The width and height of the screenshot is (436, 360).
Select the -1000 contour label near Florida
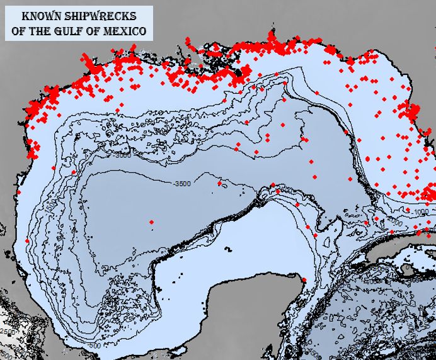[x=420, y=213]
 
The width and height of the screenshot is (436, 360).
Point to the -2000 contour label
[x=394, y=223]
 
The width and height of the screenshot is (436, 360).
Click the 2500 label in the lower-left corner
[x=8, y=332]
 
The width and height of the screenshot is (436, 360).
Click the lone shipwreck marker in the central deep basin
[x=151, y=222]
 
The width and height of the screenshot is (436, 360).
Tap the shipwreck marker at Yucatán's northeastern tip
[x=304, y=280]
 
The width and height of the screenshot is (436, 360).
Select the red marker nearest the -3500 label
[x=219, y=183]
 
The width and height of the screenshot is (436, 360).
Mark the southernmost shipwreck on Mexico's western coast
[x=27, y=240]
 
